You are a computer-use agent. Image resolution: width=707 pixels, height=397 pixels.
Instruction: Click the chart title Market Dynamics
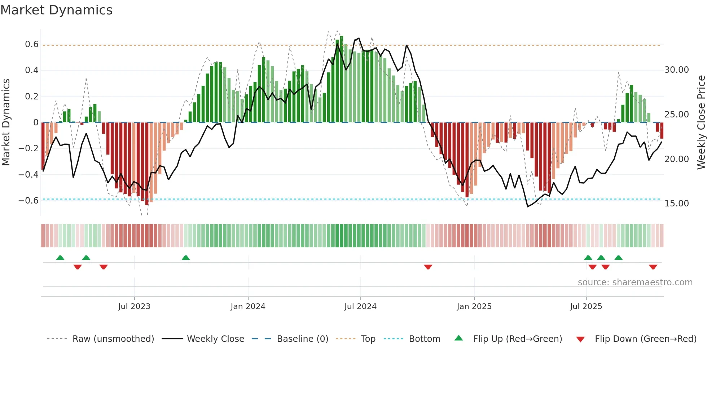click(56, 10)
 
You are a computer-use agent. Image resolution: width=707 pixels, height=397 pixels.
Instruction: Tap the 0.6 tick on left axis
click(32, 44)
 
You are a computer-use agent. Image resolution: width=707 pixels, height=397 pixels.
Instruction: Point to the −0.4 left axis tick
click(28, 174)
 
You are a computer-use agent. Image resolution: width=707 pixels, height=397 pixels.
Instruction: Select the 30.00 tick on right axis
click(676, 70)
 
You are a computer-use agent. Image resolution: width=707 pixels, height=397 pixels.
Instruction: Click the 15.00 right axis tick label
click(676, 204)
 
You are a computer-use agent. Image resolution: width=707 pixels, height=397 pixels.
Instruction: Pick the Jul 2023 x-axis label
click(134, 307)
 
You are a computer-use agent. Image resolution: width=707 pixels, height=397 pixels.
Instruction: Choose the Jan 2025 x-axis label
click(474, 307)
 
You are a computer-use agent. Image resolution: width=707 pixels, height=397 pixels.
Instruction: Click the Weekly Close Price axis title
click(701, 122)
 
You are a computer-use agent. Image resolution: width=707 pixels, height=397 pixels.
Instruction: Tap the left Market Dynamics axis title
click(6, 122)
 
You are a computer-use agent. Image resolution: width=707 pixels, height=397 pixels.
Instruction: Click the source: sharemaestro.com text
click(635, 282)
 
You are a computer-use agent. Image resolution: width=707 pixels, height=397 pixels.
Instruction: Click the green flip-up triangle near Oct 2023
click(186, 258)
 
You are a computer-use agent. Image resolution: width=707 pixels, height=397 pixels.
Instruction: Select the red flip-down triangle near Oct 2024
click(428, 267)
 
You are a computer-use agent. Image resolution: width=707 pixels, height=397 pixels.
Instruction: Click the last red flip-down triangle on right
click(653, 267)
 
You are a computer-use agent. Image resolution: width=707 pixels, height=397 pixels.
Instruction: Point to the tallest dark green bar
click(342, 79)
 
